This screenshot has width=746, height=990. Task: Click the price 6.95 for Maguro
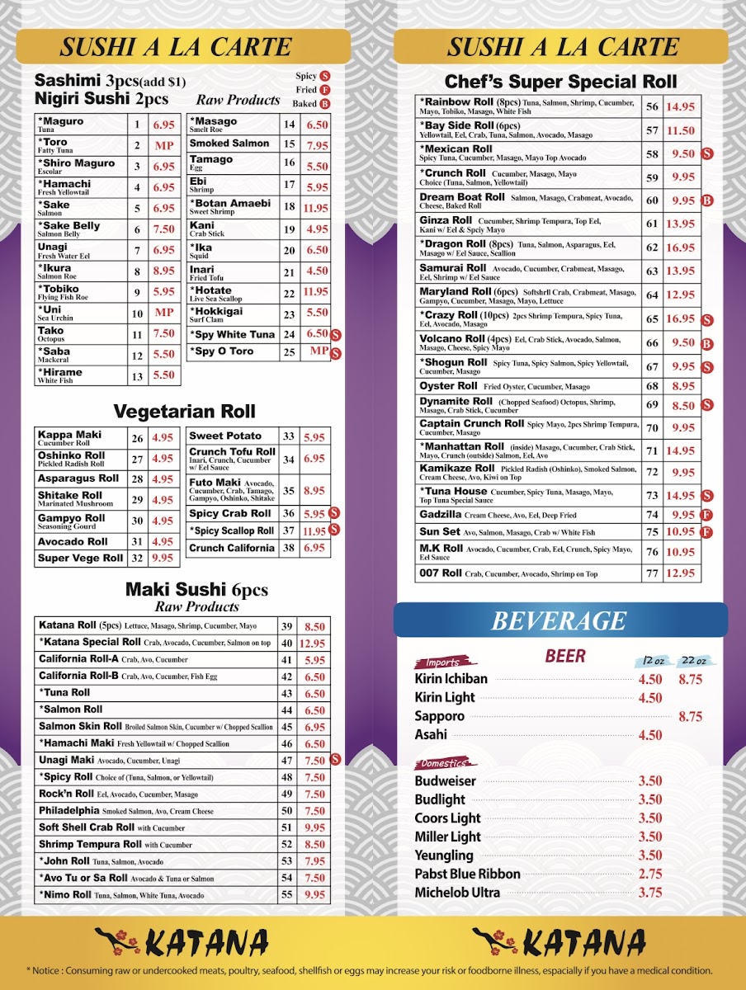pos(163,125)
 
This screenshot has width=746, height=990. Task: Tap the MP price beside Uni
pos(163,313)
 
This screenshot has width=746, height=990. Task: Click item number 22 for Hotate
pos(289,292)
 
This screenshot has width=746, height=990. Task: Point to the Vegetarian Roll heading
pos(184,411)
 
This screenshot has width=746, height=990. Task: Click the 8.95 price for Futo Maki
pos(314,490)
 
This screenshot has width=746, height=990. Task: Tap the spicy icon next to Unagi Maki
pos(336,760)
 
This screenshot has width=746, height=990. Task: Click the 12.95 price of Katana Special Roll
pos(313,643)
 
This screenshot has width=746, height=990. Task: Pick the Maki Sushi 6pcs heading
pos(196,590)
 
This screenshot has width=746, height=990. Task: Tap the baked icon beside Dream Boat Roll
pos(707,200)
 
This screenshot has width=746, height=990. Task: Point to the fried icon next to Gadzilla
pos(707,515)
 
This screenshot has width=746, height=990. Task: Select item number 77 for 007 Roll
pos(652,573)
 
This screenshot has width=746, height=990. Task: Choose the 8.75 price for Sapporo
pos(690,717)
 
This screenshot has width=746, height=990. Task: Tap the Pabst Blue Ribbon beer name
pos(467,874)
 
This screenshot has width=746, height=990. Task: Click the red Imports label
pos(443,662)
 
